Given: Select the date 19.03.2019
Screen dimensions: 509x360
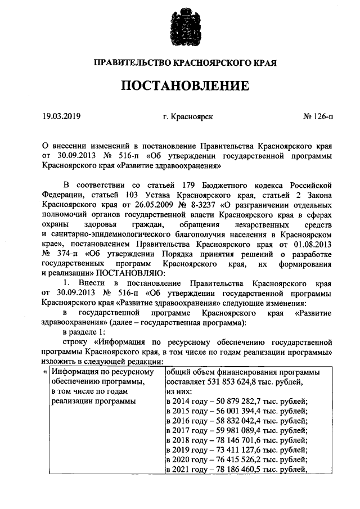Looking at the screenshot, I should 61,117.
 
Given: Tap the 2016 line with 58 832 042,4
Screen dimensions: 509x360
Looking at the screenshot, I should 236,423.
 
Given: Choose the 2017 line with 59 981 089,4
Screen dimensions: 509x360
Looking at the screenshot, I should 236,433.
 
